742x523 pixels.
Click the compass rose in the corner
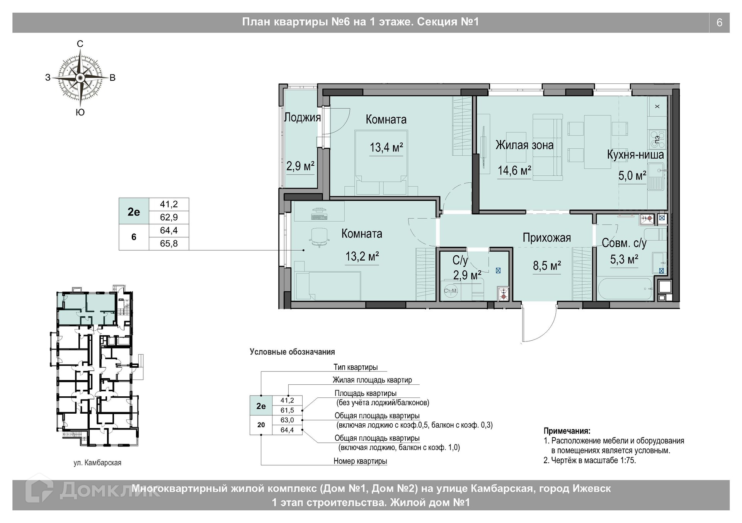click(80, 78)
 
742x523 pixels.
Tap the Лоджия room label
click(303, 117)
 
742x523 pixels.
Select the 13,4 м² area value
click(386, 147)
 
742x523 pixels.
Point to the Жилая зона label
click(524, 145)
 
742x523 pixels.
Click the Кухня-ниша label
click(635, 155)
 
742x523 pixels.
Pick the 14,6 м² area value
click(514, 170)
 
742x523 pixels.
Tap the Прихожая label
click(546, 238)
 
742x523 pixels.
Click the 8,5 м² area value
click(547, 266)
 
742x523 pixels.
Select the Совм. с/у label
click(624, 243)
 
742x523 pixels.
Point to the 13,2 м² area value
click(362, 256)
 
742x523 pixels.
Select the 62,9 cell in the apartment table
click(169, 217)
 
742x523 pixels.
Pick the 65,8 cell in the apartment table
click(169, 244)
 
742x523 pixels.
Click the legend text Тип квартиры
click(356, 367)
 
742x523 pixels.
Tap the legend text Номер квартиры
click(360, 461)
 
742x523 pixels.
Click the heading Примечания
click(567, 431)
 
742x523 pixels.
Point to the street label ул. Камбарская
click(97, 463)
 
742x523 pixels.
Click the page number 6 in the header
click(719, 23)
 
